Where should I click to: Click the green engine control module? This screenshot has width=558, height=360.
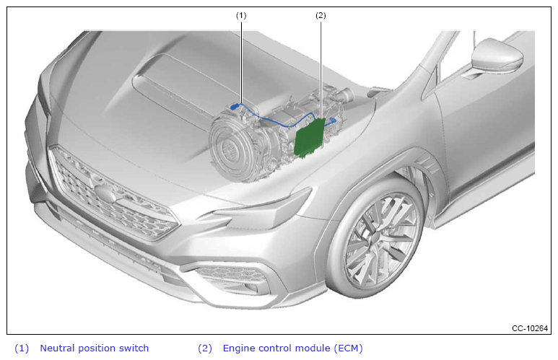tap(310, 138)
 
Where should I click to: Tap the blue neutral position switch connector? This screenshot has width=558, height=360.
tap(235, 106)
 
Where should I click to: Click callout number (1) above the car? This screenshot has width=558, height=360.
tap(241, 15)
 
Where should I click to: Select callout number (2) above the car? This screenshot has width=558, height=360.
tap(321, 15)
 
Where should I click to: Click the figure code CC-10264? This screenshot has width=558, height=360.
tap(530, 328)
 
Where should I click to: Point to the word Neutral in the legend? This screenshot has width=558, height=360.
tap(57, 348)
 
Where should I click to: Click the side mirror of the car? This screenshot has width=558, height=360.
tap(497, 58)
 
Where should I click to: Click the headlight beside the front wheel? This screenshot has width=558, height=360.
tap(260, 211)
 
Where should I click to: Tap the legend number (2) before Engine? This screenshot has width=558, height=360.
tap(204, 348)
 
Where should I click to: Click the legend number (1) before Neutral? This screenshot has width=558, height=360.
tap(22, 348)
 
